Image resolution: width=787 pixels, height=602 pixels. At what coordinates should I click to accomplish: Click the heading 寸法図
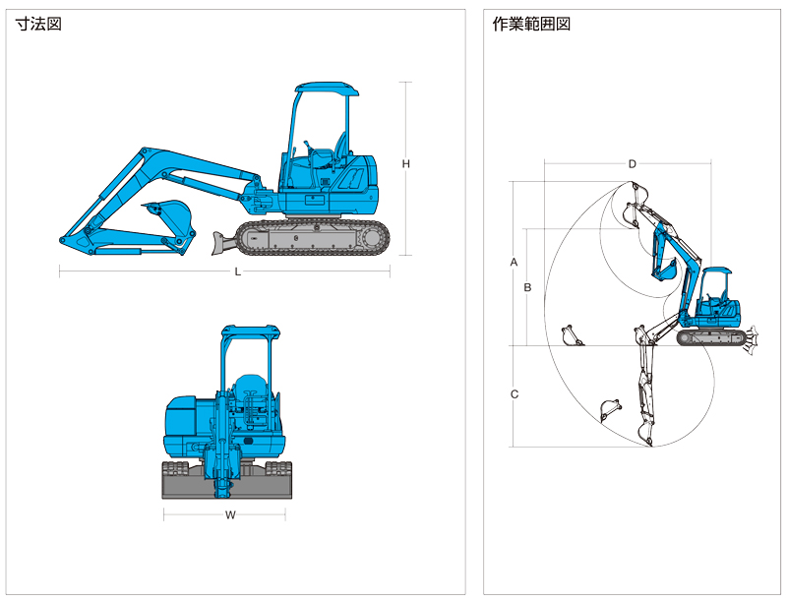38,24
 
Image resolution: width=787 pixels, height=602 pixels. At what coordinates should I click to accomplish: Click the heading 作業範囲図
531,24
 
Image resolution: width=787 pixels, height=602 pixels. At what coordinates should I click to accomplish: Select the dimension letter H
406,164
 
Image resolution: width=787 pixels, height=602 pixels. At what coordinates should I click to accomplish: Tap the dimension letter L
237,271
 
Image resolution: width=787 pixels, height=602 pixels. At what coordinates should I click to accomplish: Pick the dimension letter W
230,514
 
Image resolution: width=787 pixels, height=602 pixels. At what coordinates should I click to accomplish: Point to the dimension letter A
514,262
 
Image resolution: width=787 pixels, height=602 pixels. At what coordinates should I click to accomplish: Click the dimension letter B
527,287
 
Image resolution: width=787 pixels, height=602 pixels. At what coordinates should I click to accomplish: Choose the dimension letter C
515,394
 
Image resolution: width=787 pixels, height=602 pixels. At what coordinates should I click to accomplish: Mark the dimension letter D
633,164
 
